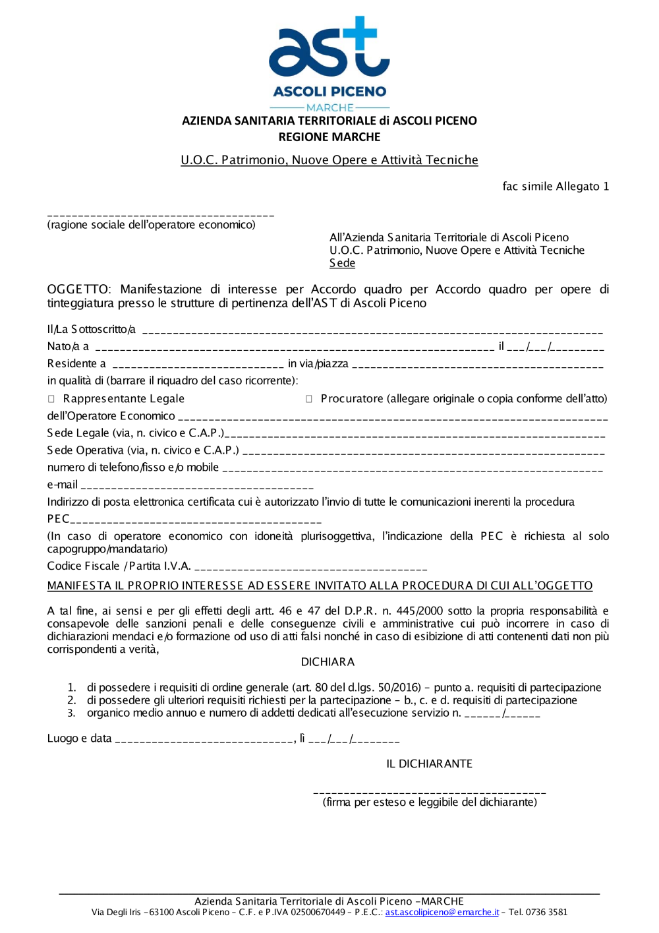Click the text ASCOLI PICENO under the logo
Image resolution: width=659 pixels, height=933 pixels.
[x=329, y=92]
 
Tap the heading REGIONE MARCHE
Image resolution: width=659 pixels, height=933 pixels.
[x=329, y=137]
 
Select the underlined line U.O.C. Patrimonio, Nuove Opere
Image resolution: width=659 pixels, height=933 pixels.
[x=329, y=160]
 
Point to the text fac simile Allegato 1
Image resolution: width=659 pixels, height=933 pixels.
[x=556, y=187]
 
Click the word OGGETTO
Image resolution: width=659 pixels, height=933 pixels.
[x=78, y=289]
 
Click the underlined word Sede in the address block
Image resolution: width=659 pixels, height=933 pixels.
[x=342, y=263]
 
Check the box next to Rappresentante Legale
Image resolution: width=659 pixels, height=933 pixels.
[x=51, y=399]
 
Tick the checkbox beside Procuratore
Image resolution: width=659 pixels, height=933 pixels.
[x=308, y=399]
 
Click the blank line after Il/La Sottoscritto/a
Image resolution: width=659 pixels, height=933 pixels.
[x=372, y=331]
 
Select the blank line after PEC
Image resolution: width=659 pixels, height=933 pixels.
[x=196, y=521]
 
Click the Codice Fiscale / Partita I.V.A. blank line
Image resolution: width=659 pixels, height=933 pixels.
[x=310, y=568]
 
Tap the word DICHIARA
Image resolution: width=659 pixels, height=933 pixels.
[x=328, y=662]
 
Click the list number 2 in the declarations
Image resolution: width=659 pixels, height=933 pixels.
[x=72, y=700]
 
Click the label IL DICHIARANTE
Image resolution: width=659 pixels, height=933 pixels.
[x=429, y=764]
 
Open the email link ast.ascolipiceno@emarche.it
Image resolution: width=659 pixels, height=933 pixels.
[x=442, y=913]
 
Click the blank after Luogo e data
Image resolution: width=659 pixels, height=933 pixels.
[x=204, y=740]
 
